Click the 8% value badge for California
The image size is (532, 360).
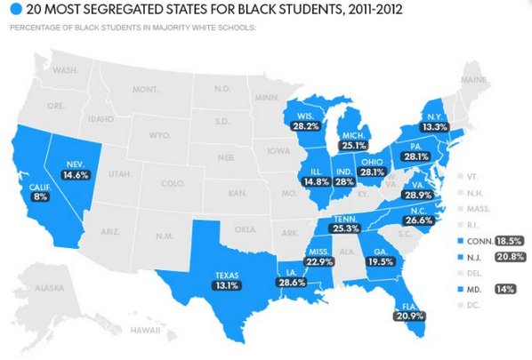pos(40,196)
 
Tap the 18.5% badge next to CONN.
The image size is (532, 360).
pos(509,241)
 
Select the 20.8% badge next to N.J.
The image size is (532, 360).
pos(509,257)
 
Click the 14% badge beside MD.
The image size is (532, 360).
pos(506,290)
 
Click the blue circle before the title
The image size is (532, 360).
pos(15,12)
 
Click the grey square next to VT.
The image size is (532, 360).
pos(462,177)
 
